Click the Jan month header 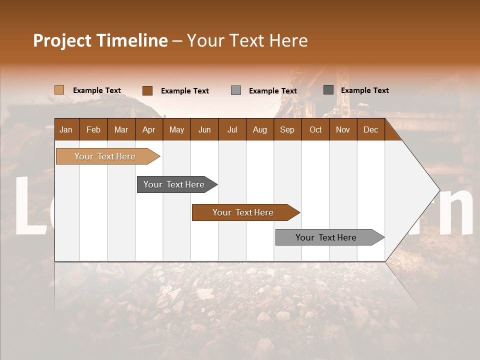(66, 129)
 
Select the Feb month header (93, 129)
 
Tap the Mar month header (121, 129)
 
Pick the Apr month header (149, 129)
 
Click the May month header (176, 129)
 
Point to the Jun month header (204, 129)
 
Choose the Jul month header (232, 129)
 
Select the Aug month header (260, 129)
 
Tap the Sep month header (287, 129)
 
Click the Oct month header (315, 129)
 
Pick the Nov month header (343, 129)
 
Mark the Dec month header (371, 129)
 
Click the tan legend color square (59, 90)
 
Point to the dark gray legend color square (328, 90)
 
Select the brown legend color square (147, 90)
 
